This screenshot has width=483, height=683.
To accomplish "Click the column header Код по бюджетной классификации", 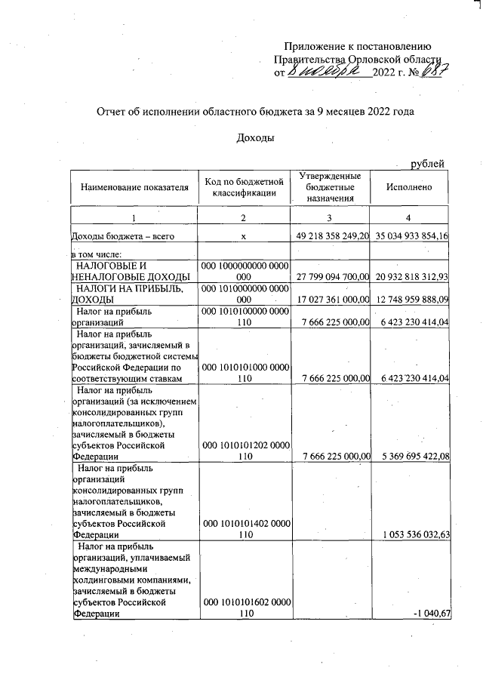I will coord(244,187).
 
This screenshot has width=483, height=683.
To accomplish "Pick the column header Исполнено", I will coord(408,187).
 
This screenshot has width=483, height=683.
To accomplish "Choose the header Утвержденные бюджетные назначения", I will coord(331,187).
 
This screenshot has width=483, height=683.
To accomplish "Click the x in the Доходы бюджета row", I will coord(244,237).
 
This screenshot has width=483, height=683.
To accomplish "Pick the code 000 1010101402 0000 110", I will coord(244,528).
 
